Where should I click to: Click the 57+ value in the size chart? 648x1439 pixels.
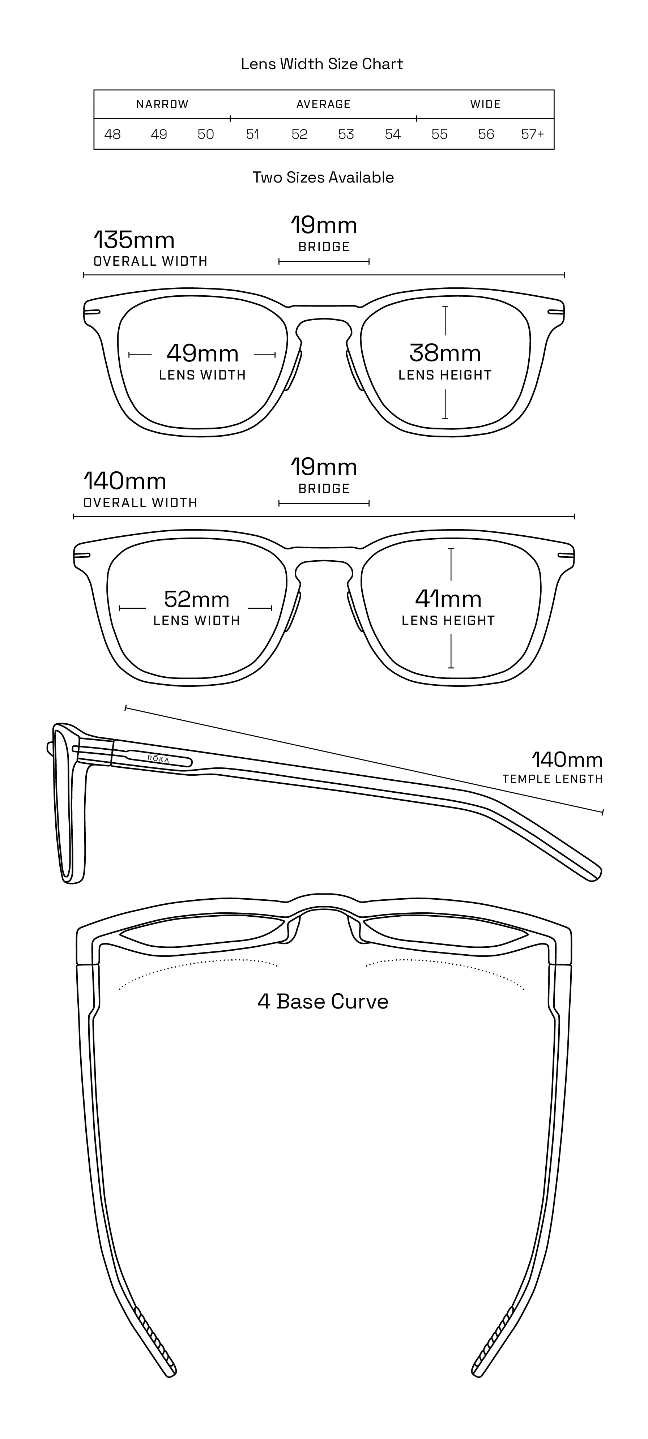pos(532,134)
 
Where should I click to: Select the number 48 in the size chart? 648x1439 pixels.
pos(112,134)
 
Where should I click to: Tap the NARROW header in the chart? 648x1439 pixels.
pos(163,104)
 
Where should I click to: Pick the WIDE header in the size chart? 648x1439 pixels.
pos(485,104)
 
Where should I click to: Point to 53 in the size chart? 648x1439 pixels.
pos(346,134)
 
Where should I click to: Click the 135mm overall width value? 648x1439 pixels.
pos(134,240)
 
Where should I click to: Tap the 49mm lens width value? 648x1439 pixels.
pos(203,353)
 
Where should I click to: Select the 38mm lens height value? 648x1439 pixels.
pos(445,353)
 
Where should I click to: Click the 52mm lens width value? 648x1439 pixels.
pos(197,599)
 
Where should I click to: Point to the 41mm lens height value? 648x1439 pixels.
pos(448,599)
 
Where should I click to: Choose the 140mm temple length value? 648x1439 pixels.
pos(567,760)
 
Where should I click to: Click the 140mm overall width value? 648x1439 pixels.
pos(124,481)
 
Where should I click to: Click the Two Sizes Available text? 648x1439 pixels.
pos(323,177)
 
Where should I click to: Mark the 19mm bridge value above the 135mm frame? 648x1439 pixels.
pos(324,226)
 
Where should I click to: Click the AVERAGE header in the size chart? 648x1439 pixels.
pos(323,104)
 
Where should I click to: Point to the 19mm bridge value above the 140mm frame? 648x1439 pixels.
pos(324,468)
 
